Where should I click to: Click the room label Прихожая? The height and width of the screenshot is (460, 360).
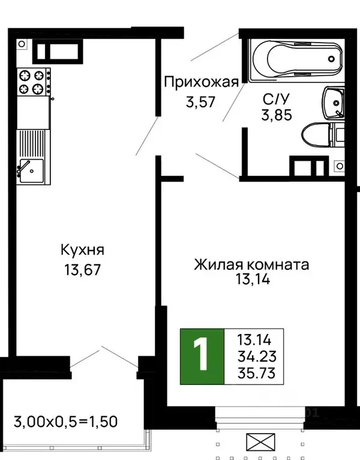click(x=202, y=82)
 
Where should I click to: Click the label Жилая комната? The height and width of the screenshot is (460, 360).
click(x=251, y=264)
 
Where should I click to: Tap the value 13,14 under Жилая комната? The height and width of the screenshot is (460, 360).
click(x=251, y=280)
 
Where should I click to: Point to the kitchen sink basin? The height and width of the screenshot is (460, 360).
click(x=29, y=170)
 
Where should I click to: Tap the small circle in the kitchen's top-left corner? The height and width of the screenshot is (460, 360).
click(x=22, y=44)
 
